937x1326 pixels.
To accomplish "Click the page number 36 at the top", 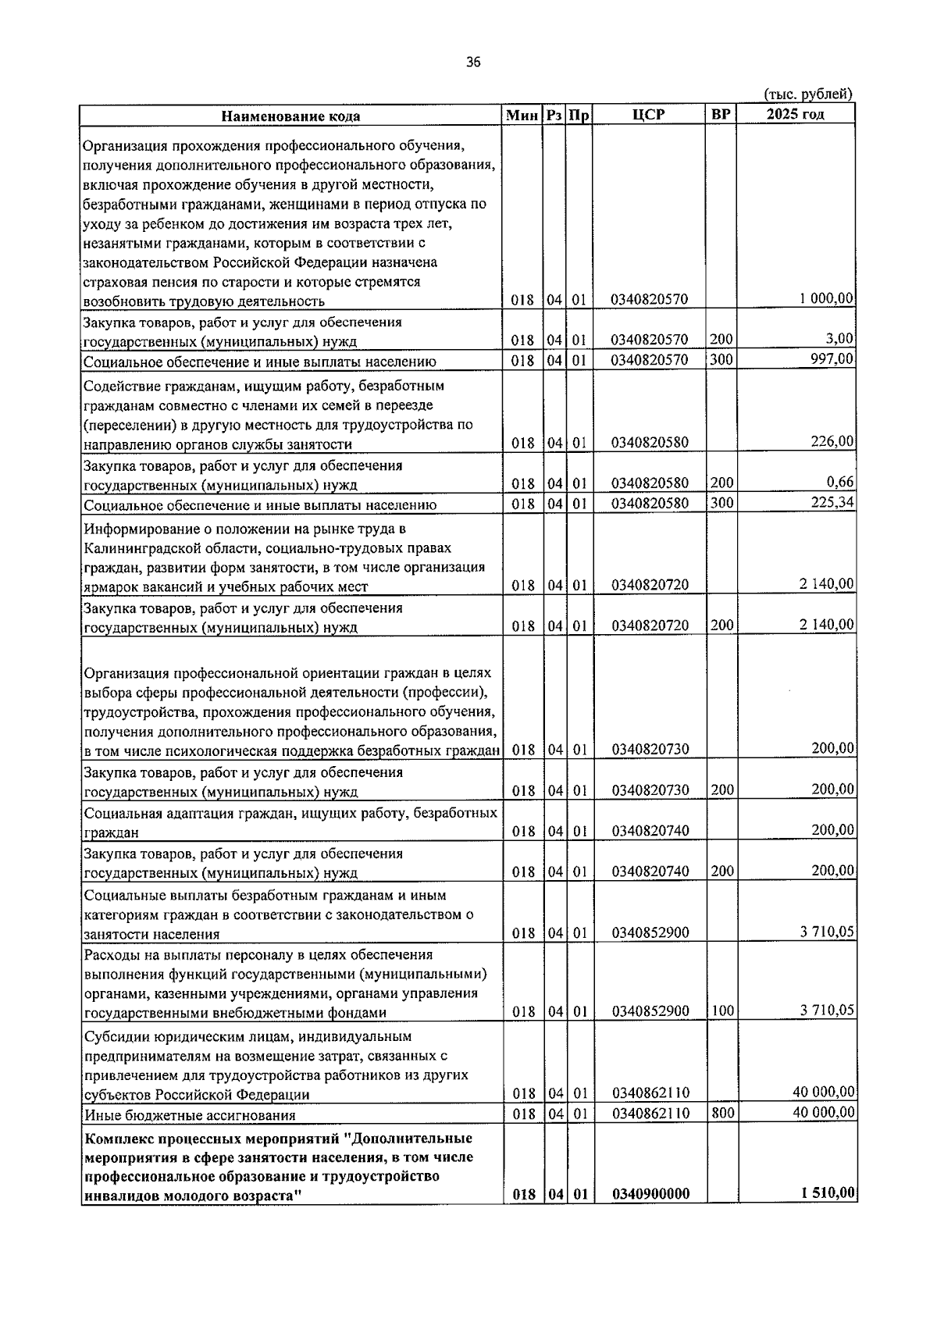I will point(472,63).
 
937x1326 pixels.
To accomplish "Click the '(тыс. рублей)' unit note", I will point(808,94).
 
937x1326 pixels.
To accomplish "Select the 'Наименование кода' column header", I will point(290,116).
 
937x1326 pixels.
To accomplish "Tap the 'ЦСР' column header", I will point(648,115).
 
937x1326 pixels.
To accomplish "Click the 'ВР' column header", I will point(721,115).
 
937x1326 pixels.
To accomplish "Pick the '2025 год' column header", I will point(795,115).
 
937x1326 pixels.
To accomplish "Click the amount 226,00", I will point(832,442).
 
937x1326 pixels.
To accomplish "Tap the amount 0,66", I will point(840,482).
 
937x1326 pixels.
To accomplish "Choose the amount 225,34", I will point(832,502).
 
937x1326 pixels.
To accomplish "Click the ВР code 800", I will point(722,1112).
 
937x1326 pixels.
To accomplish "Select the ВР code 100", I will point(722,1011).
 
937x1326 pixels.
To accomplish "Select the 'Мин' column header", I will point(522,116).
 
